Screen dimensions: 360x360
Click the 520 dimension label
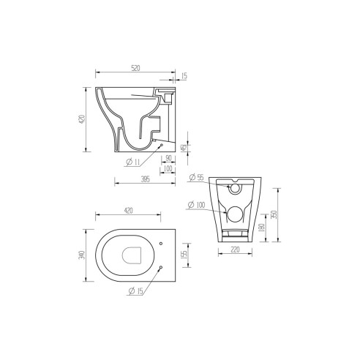coord(135,68)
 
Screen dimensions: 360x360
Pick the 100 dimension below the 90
coord(169,168)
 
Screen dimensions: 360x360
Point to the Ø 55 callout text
coord(195,178)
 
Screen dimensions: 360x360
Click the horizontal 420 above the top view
coord(128,210)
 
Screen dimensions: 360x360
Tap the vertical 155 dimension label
coord(185,254)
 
